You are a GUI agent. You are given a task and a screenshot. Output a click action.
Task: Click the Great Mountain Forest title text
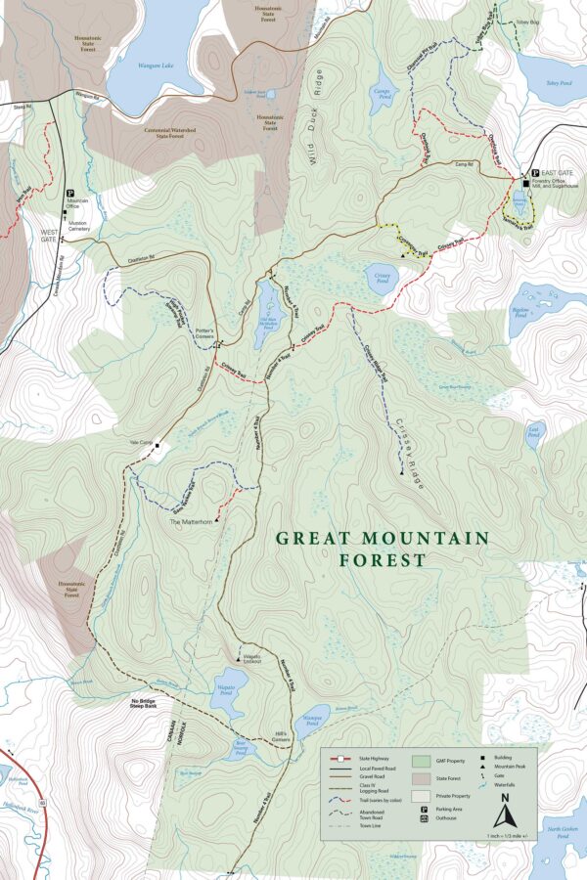click(x=382, y=549)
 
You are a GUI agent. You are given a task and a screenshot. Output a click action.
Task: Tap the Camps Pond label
click(x=383, y=97)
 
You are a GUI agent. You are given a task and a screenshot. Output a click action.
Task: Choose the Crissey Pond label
click(x=382, y=277)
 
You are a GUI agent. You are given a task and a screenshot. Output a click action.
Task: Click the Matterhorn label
click(x=190, y=522)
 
